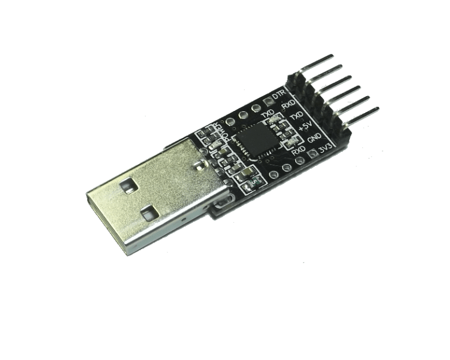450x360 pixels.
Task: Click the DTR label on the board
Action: click(x=278, y=95)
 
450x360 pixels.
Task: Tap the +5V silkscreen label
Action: click(x=305, y=126)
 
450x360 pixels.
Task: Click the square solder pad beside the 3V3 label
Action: click(x=312, y=154)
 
